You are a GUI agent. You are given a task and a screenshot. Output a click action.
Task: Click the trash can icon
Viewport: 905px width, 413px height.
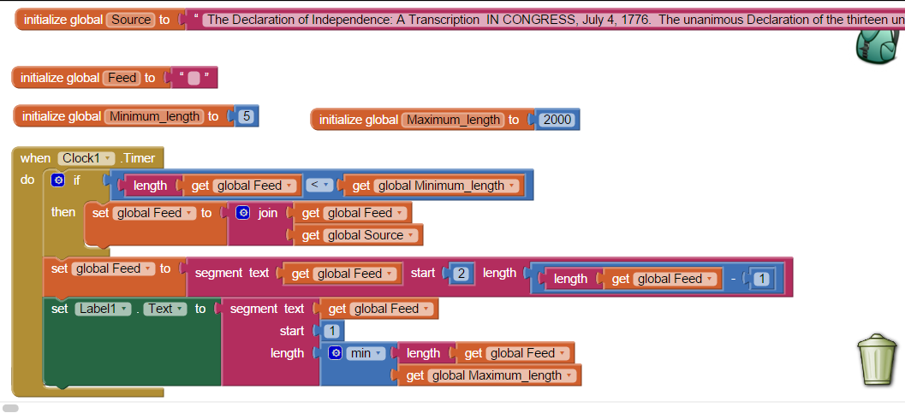877,360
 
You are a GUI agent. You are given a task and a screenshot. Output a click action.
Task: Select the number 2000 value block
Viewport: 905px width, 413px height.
557,120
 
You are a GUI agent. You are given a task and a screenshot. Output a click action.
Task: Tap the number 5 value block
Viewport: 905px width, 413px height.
246,116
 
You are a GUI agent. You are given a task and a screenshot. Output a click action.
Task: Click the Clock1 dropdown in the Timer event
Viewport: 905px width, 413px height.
86,158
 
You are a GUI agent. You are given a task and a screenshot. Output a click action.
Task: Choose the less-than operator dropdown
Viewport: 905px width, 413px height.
319,185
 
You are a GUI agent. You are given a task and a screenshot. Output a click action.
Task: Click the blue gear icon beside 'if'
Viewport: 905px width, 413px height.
57,180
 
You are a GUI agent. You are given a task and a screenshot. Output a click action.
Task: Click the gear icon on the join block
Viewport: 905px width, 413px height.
243,213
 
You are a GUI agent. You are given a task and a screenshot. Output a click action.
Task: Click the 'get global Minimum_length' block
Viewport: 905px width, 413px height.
435,186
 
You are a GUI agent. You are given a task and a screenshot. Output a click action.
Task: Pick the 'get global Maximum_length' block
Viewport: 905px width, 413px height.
489,375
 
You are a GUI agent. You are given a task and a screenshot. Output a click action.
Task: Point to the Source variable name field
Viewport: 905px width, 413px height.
131,20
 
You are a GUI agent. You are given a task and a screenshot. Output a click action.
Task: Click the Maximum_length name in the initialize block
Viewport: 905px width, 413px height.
453,120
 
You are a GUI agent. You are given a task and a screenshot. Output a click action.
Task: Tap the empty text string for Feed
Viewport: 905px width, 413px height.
194,78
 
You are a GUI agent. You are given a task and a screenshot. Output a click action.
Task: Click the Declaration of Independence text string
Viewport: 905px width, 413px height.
548,20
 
